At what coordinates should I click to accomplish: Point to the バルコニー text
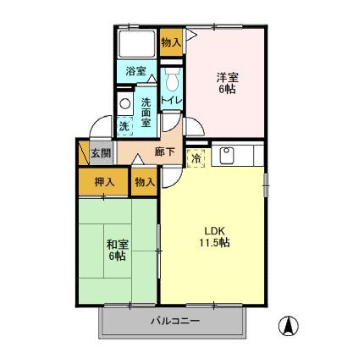(175, 321)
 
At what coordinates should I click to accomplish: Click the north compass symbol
(290, 325)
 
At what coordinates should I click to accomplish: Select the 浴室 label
(135, 72)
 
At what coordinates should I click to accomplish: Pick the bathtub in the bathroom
(136, 43)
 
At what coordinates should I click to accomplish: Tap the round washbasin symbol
(124, 104)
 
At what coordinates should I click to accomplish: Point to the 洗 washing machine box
(124, 126)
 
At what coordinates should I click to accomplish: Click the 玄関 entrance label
(101, 153)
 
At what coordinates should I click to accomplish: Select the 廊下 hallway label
(165, 153)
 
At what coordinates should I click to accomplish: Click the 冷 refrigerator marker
(196, 158)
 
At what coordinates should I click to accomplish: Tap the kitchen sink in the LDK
(227, 156)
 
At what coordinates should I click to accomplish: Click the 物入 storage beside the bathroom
(170, 41)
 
